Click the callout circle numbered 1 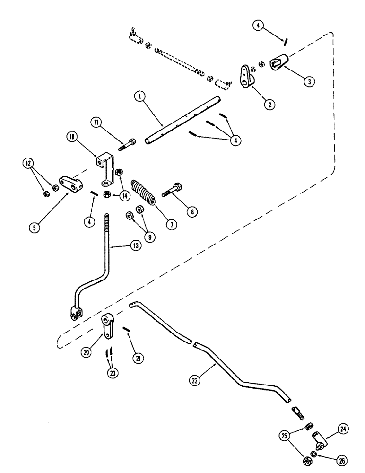pyautogui.click(x=138, y=97)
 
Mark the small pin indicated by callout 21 pyautogui.click(x=126, y=329)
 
